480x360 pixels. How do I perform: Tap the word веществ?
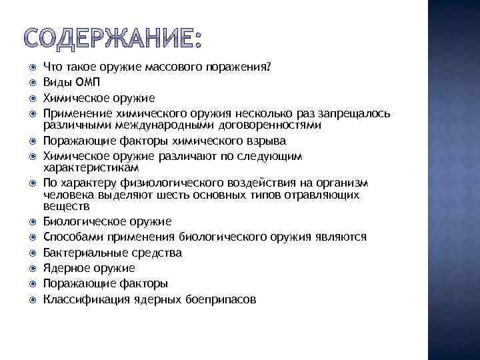63,207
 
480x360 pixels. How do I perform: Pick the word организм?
342,183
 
